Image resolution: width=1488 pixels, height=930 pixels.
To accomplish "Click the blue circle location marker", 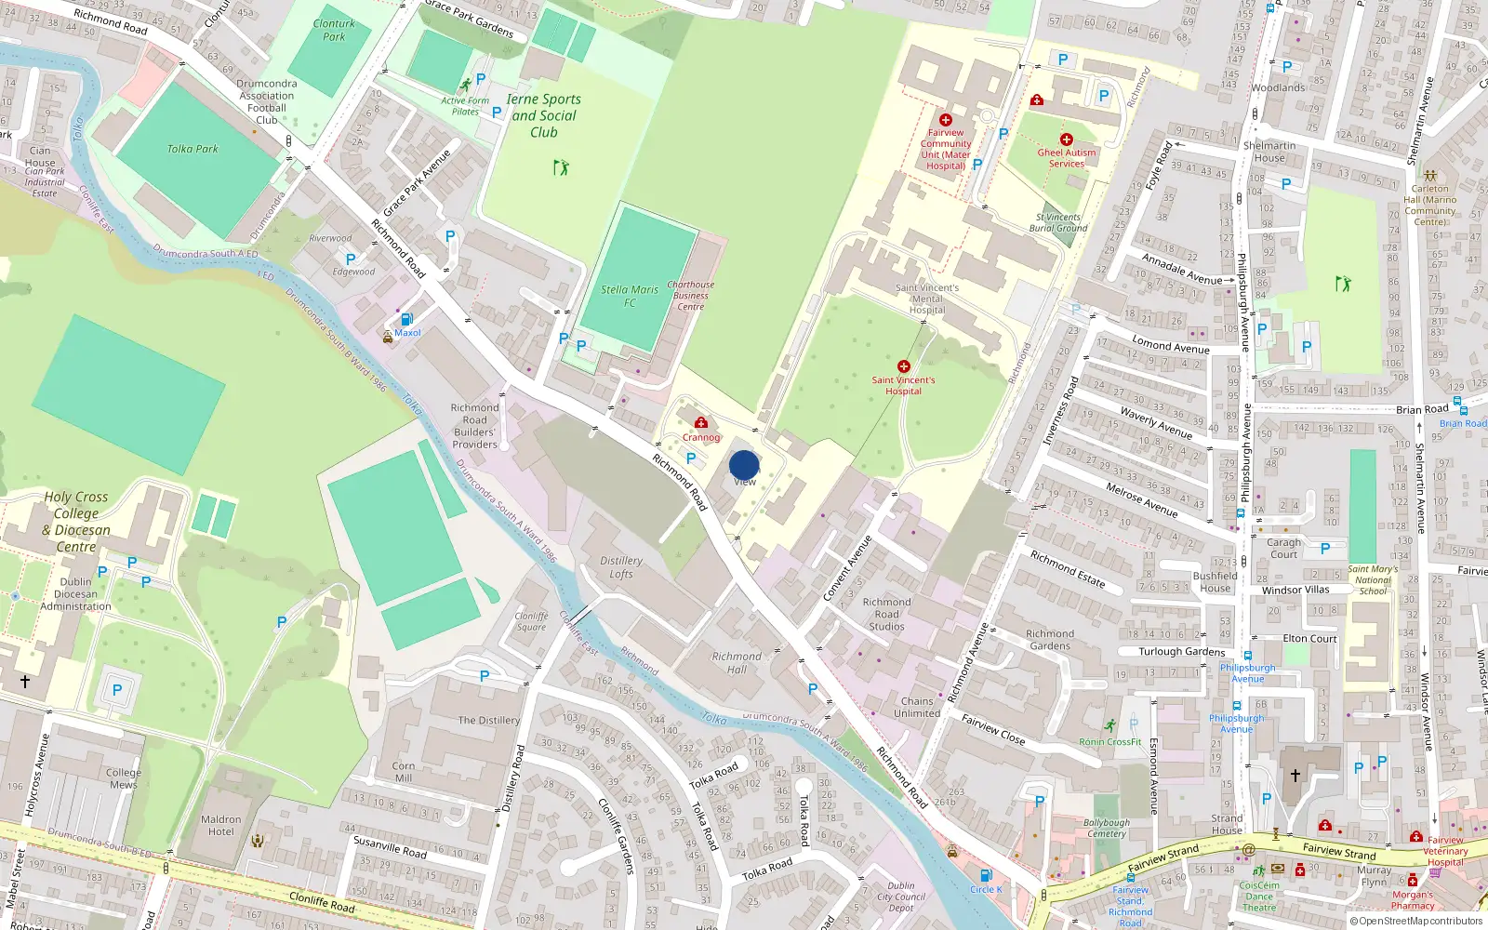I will click(x=744, y=465).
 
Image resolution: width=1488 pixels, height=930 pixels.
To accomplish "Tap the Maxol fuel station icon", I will click(x=405, y=320).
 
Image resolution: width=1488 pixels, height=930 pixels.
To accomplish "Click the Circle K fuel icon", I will click(x=986, y=875).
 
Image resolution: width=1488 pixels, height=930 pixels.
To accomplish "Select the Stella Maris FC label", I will click(x=630, y=296).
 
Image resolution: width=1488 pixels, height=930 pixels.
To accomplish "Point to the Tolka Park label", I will click(x=193, y=149).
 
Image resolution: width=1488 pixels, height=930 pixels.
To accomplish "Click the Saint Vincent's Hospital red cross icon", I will click(x=903, y=366).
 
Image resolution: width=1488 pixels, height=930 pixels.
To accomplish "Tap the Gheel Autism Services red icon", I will click(x=1066, y=139).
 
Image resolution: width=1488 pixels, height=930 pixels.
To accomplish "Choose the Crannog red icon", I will click(x=701, y=423).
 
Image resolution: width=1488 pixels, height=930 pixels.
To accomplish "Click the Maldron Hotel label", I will click(x=221, y=825).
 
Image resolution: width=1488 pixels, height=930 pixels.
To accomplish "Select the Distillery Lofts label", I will click(x=621, y=567).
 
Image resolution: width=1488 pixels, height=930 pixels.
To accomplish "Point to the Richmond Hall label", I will click(x=737, y=662).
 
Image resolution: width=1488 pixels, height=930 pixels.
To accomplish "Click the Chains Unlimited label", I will click(x=917, y=707).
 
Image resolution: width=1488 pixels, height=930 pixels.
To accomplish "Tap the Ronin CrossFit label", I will click(x=1110, y=742).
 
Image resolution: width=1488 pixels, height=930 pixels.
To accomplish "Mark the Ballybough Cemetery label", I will click(x=1107, y=828).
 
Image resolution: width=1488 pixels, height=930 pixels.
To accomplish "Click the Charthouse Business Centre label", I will click(x=691, y=296).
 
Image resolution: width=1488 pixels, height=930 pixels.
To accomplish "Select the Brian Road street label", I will click(x=1422, y=409).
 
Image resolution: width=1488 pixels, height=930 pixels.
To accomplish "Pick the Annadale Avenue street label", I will click(x=1182, y=270).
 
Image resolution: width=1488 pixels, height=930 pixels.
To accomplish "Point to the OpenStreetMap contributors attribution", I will click(x=1415, y=922).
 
